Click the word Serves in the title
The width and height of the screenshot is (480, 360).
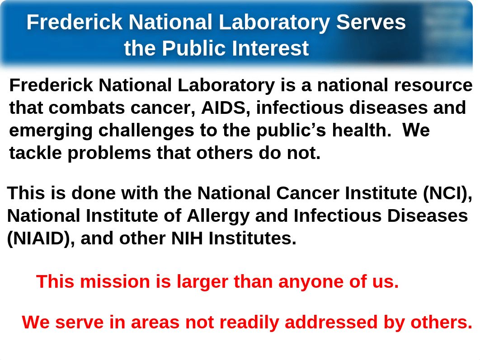[x=371, y=22]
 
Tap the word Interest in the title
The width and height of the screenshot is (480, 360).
[x=270, y=48]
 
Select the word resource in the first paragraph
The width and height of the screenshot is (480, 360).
[x=433, y=85]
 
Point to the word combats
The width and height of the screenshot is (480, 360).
[x=87, y=108]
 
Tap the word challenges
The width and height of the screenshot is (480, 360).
[x=146, y=131]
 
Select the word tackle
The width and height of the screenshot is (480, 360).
[x=36, y=153]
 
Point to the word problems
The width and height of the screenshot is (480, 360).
[x=109, y=153]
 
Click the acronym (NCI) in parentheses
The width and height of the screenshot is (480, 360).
[x=447, y=193]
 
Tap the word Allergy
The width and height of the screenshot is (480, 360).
[x=218, y=216]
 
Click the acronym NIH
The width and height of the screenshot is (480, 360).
[x=187, y=238]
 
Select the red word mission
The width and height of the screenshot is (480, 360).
[x=115, y=281]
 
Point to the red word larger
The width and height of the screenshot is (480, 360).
[x=202, y=282]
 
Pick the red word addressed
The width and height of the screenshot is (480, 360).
[x=331, y=323]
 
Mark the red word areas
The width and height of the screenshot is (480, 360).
[x=155, y=323]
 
